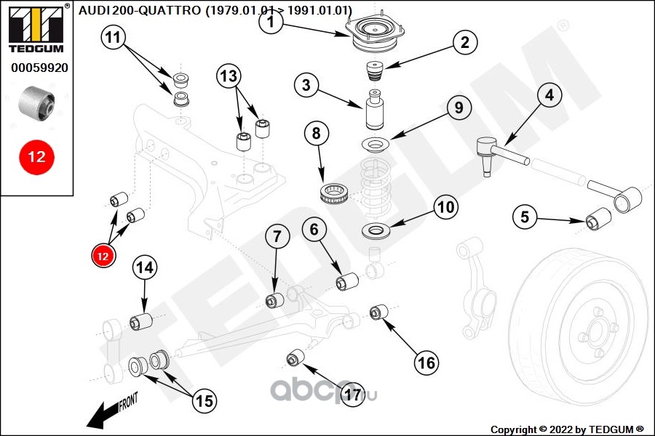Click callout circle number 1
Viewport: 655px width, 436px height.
[271, 23]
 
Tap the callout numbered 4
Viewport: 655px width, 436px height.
[549, 95]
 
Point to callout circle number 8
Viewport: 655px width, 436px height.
[316, 134]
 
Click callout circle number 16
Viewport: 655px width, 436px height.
[428, 360]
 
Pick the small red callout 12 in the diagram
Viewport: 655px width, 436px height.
[103, 255]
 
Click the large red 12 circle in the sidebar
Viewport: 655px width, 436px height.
[36, 156]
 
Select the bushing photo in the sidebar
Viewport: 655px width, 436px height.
[36, 102]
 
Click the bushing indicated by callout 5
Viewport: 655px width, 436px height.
[598, 217]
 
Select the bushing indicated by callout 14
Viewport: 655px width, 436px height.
[140, 320]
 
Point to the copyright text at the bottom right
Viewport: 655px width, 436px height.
[567, 428]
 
